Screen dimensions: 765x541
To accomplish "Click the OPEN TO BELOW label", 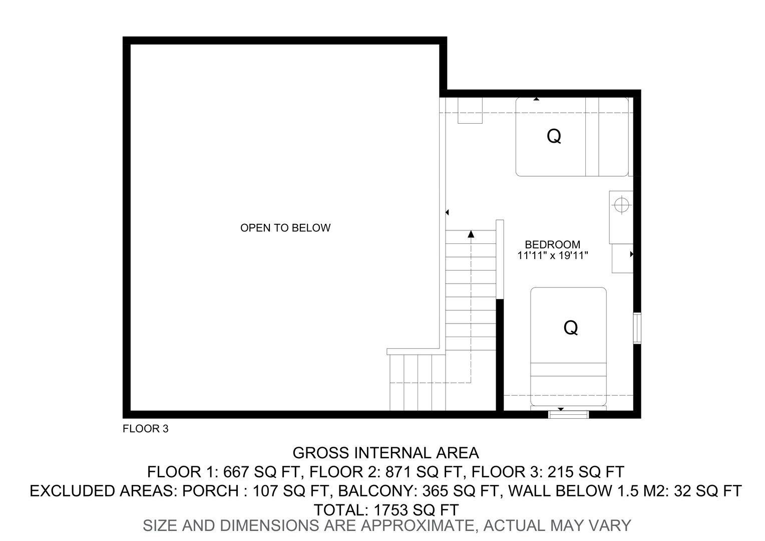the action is tap(285, 228).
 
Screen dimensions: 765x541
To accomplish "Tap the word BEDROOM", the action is tap(552, 244).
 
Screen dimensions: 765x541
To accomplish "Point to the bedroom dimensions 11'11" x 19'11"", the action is tap(552, 255).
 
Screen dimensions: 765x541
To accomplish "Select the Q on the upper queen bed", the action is tap(554, 136).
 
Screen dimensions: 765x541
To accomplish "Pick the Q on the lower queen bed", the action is tap(570, 328).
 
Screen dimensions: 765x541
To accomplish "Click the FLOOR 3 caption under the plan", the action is tap(146, 429).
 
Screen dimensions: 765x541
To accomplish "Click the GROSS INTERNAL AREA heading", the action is tap(386, 453).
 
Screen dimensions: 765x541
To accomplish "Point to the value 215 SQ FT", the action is tap(586, 472).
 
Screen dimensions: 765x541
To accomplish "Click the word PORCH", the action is tap(210, 491).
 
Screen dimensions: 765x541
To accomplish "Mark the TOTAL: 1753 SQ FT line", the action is tap(386, 510).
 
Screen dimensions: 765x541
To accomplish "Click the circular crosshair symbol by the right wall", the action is tap(622, 205).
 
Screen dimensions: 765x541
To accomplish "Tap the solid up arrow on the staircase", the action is tap(471, 234).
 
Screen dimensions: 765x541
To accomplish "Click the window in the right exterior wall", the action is tap(637, 328).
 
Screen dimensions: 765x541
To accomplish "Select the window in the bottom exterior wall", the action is tap(568, 415).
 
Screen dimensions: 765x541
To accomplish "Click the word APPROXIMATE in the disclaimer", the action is tap(419, 525).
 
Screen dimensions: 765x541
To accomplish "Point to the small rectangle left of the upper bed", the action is tap(470, 110).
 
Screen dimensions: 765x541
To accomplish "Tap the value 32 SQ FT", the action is tap(707, 491).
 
